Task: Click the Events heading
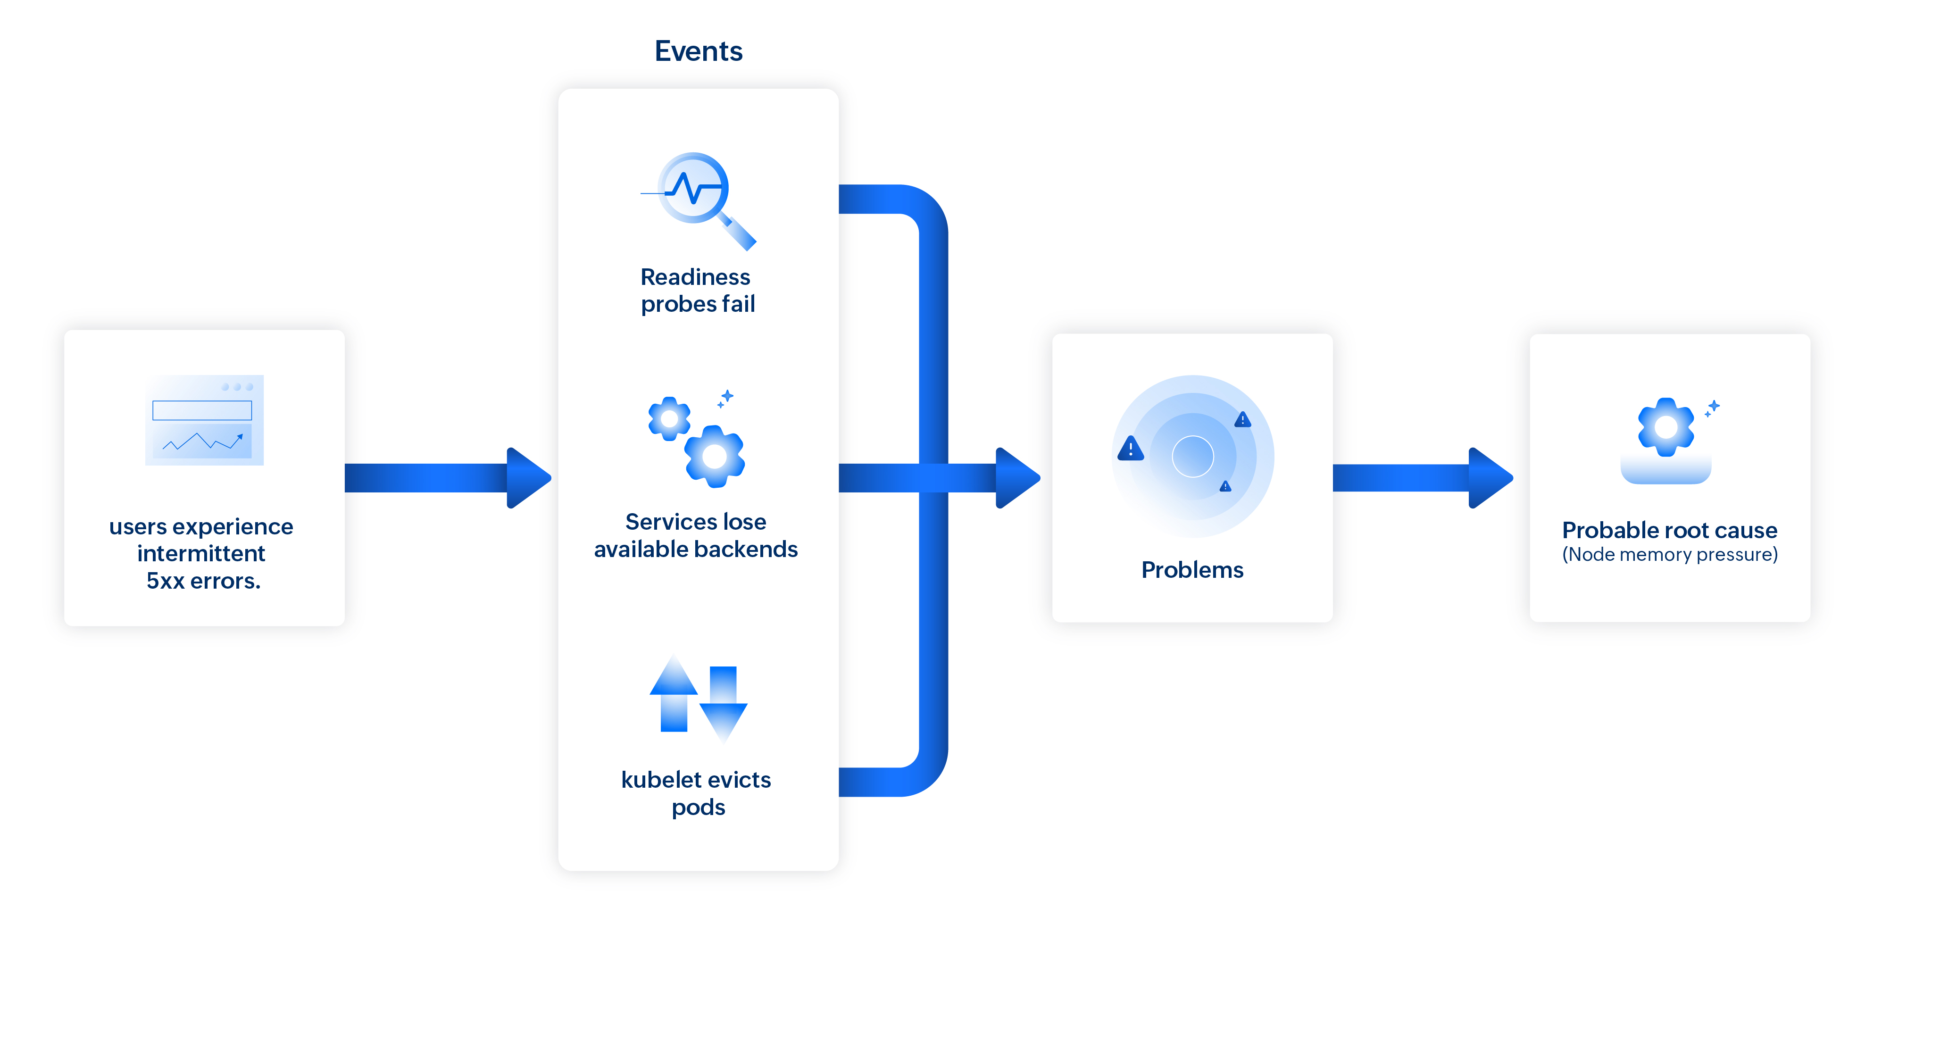(698, 51)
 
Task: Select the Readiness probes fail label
(697, 290)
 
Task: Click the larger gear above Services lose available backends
(714, 455)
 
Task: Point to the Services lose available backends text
(695, 535)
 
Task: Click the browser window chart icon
(204, 420)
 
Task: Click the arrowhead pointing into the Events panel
(529, 477)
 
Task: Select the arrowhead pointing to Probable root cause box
(1490, 477)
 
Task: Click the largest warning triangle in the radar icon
(1131, 449)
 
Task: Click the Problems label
(1192, 569)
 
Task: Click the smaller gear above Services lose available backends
(669, 418)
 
